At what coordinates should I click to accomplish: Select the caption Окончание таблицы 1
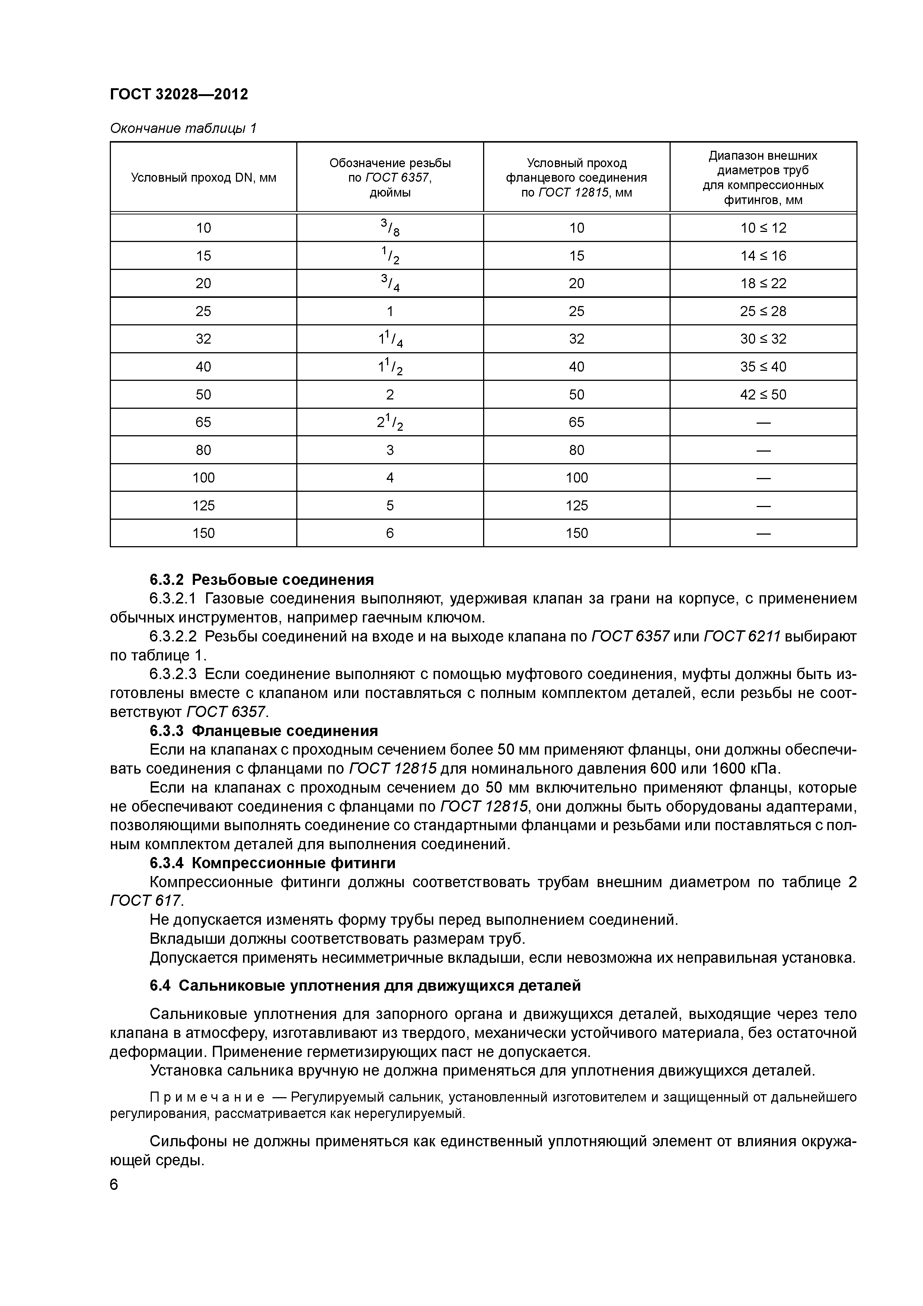click(x=183, y=128)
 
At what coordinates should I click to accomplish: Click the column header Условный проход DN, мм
click(x=204, y=178)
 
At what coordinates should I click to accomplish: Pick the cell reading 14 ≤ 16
click(x=763, y=255)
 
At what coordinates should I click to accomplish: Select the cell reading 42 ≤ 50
click(x=763, y=394)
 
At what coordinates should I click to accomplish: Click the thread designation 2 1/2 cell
click(x=390, y=422)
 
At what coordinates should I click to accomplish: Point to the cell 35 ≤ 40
click(x=763, y=366)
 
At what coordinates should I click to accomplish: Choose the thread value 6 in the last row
click(x=390, y=533)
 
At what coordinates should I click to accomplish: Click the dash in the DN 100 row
click(x=763, y=478)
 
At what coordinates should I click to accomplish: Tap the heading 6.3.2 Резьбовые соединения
click(x=262, y=580)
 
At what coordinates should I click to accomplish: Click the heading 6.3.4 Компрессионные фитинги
click(x=272, y=863)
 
